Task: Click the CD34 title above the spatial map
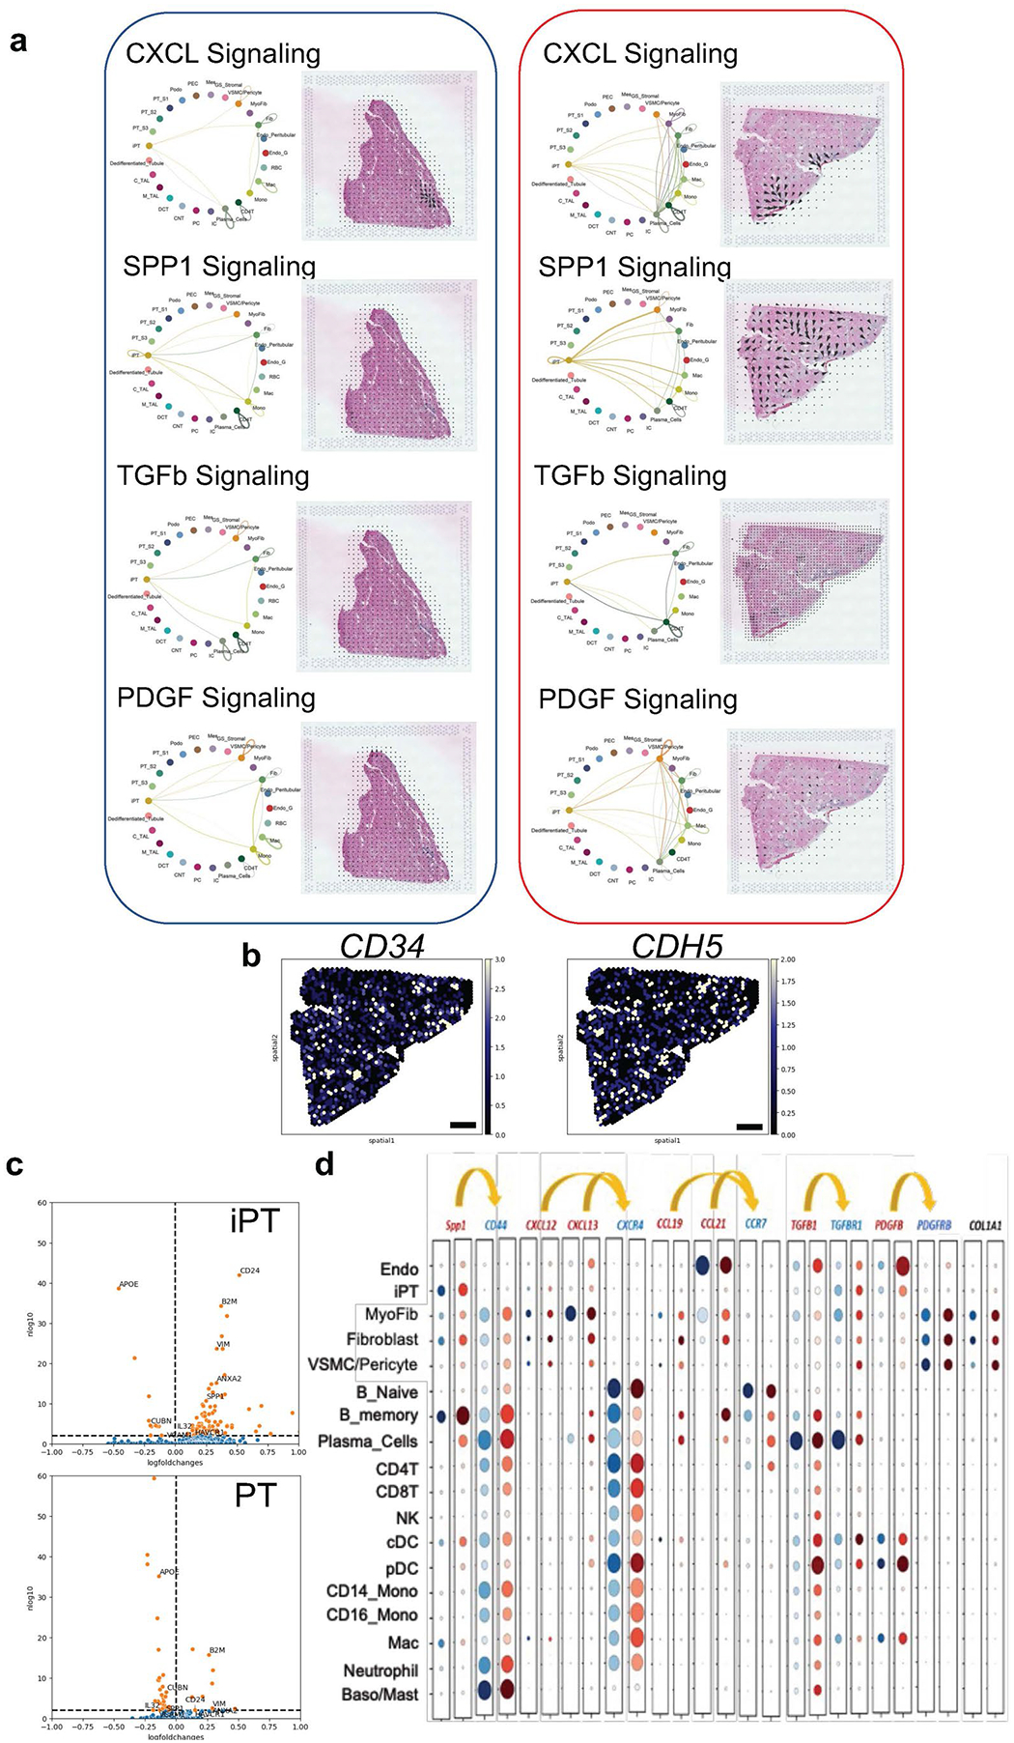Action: click(381, 947)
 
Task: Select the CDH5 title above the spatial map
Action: click(676, 947)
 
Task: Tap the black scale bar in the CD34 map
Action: click(463, 1125)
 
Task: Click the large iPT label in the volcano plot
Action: click(254, 1221)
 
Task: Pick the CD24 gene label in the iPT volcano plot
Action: click(250, 1271)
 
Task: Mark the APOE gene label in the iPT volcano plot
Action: click(128, 1285)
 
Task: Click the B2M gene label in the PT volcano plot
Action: click(217, 1650)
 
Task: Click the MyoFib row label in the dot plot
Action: click(391, 1315)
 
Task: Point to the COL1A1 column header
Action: click(986, 1225)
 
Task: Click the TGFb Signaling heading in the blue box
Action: click(213, 475)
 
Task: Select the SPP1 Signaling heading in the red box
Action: click(634, 267)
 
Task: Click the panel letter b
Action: click(251, 956)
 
